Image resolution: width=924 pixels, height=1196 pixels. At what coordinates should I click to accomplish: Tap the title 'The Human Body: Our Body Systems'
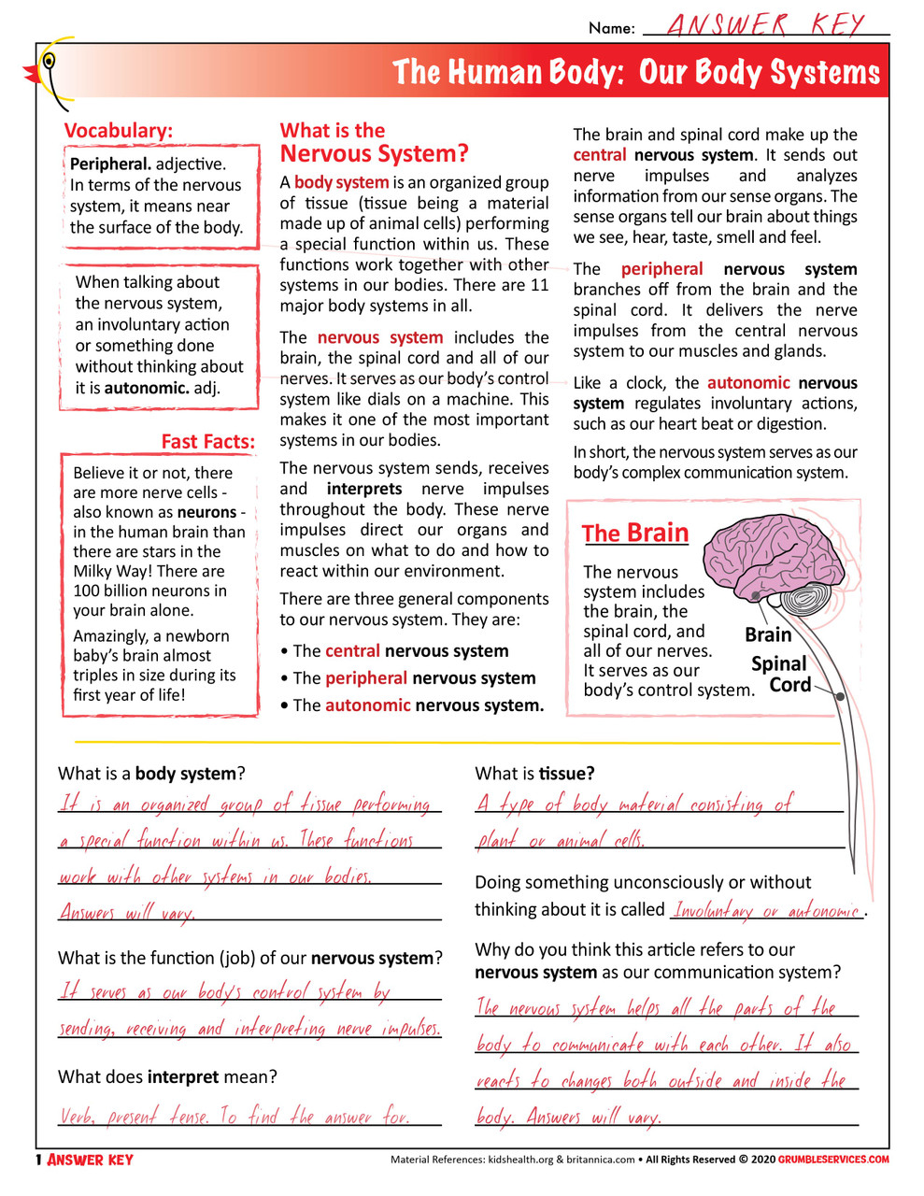click(x=635, y=73)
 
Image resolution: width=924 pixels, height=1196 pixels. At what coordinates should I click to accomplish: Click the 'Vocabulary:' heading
click(x=119, y=131)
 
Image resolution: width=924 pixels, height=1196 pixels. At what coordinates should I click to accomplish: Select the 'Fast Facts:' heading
click(x=207, y=441)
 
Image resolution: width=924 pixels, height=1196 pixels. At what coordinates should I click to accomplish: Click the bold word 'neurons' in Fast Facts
click(x=206, y=512)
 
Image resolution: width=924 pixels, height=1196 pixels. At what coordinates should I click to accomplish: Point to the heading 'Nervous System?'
click(x=374, y=154)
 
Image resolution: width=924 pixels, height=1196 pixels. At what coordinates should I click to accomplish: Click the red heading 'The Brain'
click(x=635, y=534)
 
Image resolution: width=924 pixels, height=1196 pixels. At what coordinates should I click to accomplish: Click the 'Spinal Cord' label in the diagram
click(x=781, y=674)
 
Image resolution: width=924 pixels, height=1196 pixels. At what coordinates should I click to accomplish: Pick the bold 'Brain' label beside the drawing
click(x=768, y=635)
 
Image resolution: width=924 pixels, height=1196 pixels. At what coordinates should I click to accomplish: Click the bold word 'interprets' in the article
click(x=364, y=489)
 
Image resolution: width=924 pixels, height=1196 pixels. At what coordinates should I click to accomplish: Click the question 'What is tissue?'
click(x=534, y=774)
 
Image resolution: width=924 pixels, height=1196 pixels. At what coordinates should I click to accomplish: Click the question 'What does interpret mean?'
click(x=167, y=1076)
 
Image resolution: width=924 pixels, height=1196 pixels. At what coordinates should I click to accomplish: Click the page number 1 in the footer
click(x=39, y=1160)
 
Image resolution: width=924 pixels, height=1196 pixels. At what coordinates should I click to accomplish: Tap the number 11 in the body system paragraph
click(x=539, y=285)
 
